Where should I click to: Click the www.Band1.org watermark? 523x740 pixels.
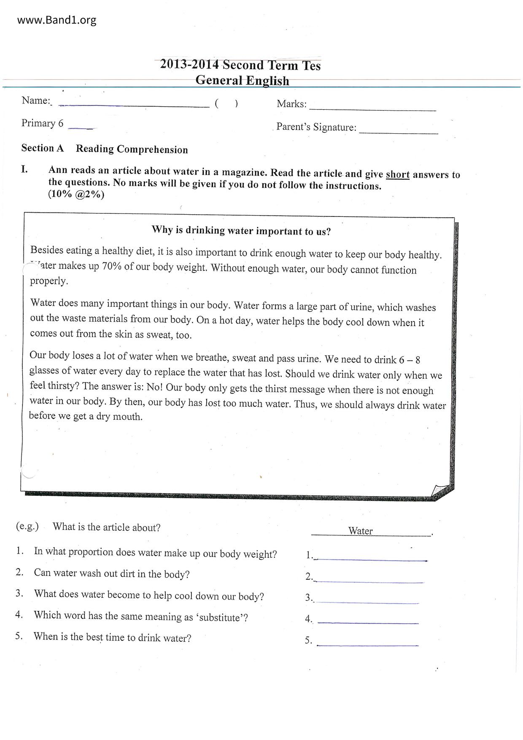click(x=57, y=20)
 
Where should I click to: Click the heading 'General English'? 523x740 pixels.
click(x=242, y=80)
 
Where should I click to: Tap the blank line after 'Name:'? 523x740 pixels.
click(x=134, y=106)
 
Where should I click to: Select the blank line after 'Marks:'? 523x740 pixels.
click(x=372, y=109)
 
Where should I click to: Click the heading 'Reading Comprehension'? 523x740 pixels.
click(x=132, y=149)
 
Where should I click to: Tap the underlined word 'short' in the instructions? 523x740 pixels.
click(x=397, y=175)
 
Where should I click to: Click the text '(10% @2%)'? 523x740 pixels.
click(x=76, y=194)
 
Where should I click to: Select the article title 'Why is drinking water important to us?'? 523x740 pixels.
click(x=241, y=231)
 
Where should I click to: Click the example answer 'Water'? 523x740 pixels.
click(x=360, y=531)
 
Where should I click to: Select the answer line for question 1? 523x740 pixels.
click(x=371, y=559)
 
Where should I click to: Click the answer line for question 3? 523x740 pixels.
click(x=368, y=602)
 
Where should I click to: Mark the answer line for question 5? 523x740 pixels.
click(x=368, y=645)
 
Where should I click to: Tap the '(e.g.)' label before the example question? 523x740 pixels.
click(x=27, y=527)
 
